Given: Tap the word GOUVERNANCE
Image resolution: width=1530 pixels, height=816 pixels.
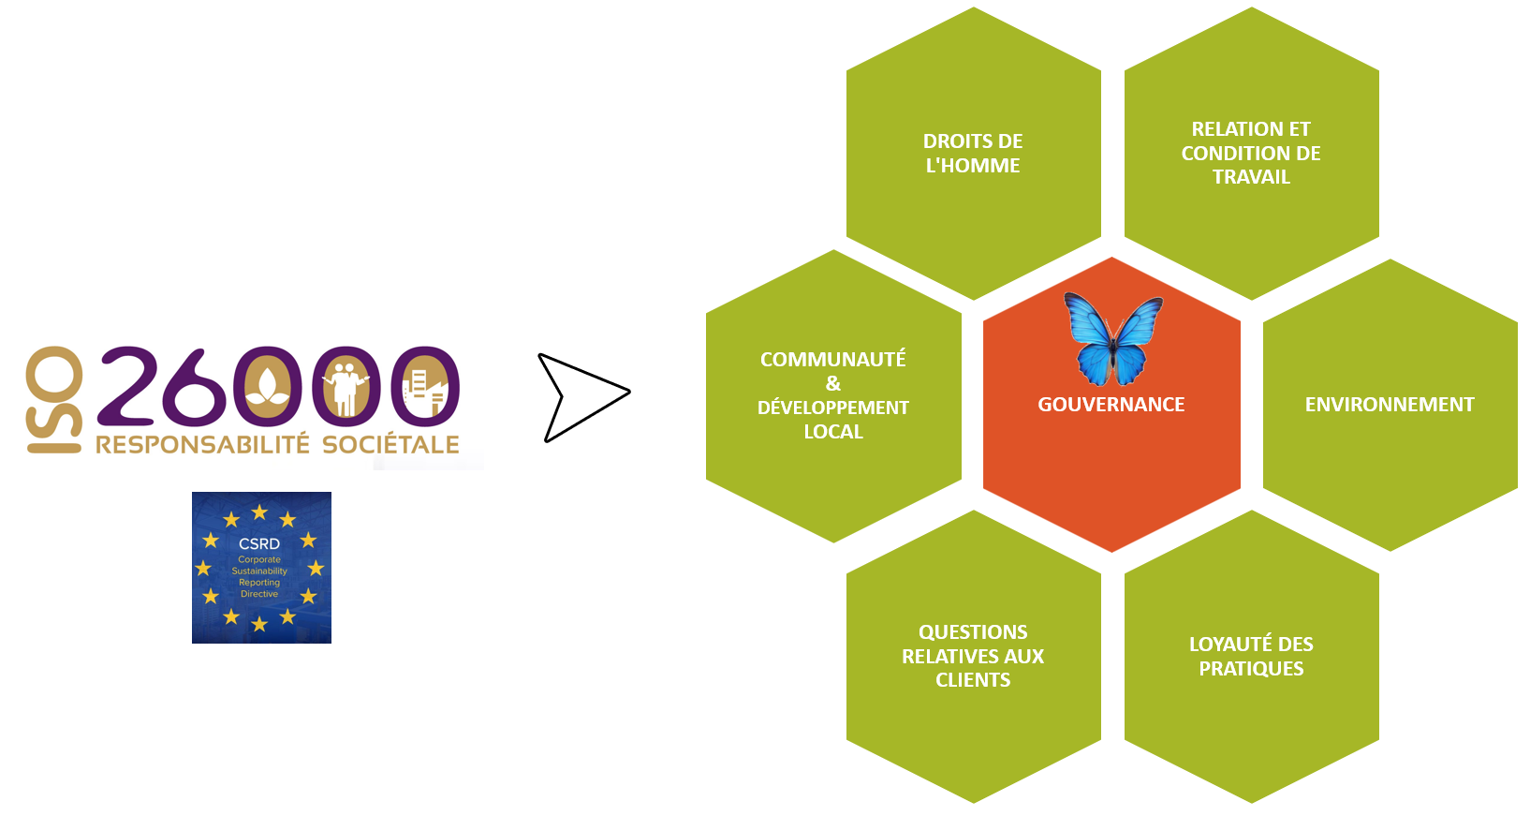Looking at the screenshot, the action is pyautogui.click(x=1111, y=405).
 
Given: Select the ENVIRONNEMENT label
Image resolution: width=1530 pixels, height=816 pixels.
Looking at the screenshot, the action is pyautogui.click(x=1390, y=405).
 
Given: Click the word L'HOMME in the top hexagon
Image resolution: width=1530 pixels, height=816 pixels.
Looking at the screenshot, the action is pyautogui.click(x=973, y=166).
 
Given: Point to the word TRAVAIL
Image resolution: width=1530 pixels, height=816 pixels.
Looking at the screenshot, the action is pyautogui.click(x=1251, y=177).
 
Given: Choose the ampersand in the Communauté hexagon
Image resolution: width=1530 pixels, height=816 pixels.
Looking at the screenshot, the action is pyautogui.click(x=833, y=383).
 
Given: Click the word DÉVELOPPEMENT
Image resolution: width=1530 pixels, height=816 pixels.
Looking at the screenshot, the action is pyautogui.click(x=833, y=408).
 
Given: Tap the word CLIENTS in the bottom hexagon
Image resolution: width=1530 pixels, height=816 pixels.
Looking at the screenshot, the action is pyautogui.click(x=973, y=680).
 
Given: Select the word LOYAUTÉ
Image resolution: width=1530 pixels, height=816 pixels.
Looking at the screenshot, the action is pyautogui.click(x=1222, y=644).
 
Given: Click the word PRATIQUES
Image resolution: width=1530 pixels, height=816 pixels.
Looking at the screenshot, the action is pyautogui.click(x=1251, y=668).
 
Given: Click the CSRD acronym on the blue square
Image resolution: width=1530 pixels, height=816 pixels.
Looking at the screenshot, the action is pyautogui.click(x=258, y=544).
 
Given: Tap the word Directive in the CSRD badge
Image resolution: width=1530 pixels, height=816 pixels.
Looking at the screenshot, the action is pyautogui.click(x=258, y=594).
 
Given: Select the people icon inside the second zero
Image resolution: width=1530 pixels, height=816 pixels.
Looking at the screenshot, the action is pyautogui.click(x=346, y=388).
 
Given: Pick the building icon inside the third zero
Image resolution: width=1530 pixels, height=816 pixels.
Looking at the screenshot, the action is pyautogui.click(x=425, y=391).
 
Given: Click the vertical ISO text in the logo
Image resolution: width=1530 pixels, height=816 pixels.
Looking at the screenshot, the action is pyautogui.click(x=54, y=400).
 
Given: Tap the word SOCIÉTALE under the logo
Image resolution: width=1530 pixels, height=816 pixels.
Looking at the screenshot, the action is pyautogui.click(x=390, y=445).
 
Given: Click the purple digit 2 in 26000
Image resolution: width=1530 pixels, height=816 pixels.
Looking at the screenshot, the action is pyautogui.click(x=128, y=385).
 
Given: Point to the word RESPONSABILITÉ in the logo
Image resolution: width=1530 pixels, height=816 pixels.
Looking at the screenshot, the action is pyautogui.click(x=202, y=445).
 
